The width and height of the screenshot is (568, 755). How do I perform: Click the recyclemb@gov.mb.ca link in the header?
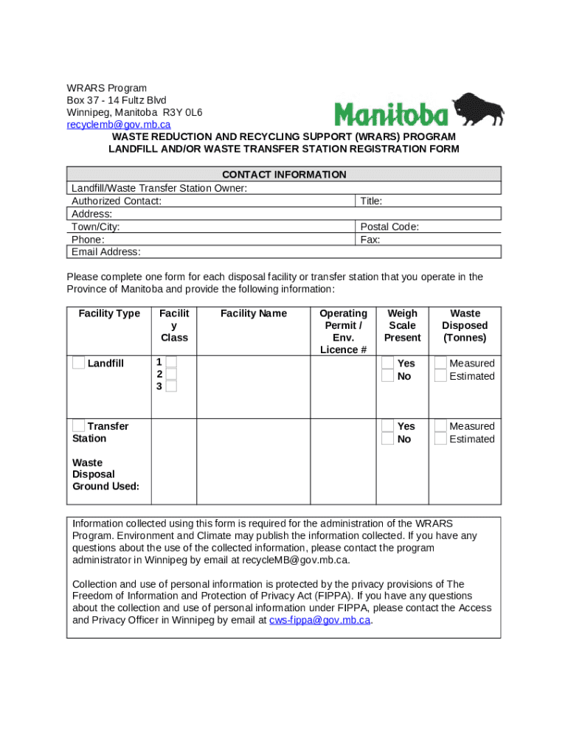[x=119, y=124]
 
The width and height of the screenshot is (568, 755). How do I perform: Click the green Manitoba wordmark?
[x=391, y=114]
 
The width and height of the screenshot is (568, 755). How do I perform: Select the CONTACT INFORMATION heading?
[x=284, y=175]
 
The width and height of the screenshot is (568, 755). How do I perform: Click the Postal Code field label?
[x=389, y=227]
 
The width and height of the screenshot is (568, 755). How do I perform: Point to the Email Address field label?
[x=106, y=252]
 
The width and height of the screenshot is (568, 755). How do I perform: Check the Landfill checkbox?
[x=78, y=363]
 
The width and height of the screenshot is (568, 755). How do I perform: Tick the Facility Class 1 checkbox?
[x=171, y=361]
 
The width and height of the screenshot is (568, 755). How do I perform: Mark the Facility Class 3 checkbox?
[x=171, y=386]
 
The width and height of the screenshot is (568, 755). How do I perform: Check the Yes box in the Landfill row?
[x=387, y=363]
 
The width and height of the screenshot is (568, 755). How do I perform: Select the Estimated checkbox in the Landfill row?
[x=440, y=376]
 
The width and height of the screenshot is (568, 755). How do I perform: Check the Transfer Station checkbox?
[x=78, y=425]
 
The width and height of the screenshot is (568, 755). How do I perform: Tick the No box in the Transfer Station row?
[x=387, y=439]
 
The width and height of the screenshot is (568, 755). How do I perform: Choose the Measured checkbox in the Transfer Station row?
[x=440, y=425]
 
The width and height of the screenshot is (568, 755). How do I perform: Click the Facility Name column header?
[x=253, y=313]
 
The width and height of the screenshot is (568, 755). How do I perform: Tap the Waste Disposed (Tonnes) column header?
[x=465, y=325]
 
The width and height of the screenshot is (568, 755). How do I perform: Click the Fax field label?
[x=370, y=240]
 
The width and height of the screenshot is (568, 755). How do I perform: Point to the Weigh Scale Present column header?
[x=402, y=325]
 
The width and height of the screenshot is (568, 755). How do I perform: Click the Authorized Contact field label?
[x=117, y=201]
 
